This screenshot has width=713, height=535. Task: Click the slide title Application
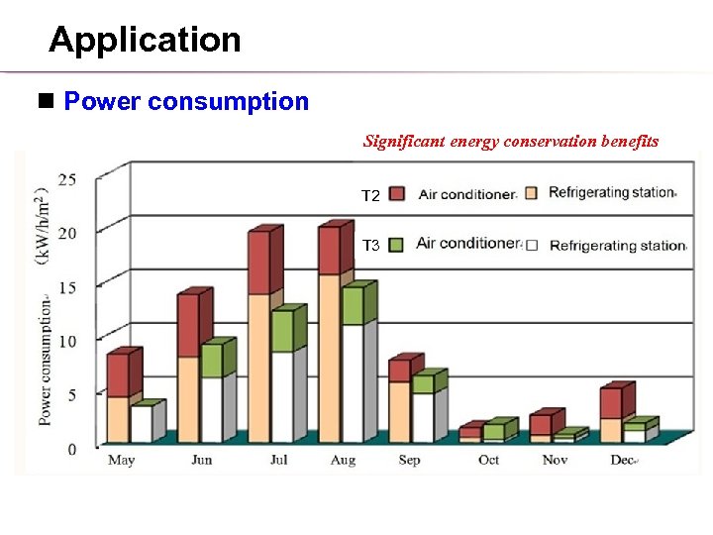[145, 40]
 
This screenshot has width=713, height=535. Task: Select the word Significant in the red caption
[404, 141]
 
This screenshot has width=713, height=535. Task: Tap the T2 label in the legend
[370, 197]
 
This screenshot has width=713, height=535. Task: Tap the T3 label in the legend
[370, 245]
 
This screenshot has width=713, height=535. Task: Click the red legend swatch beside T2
[398, 193]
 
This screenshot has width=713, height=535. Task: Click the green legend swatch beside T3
[398, 244]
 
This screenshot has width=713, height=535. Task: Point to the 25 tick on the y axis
[69, 179]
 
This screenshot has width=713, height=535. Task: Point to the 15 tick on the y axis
[69, 287]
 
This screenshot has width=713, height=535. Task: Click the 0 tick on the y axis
[72, 450]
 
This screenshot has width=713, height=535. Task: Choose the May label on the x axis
[121, 461]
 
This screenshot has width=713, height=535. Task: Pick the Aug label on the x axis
[343, 461]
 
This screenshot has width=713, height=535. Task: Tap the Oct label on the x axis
[488, 461]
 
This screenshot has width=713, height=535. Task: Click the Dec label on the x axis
[623, 461]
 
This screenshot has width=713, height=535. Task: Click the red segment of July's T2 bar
[258, 263]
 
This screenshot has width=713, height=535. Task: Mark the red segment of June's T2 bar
[187, 325]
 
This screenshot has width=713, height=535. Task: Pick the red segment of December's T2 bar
[610, 403]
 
